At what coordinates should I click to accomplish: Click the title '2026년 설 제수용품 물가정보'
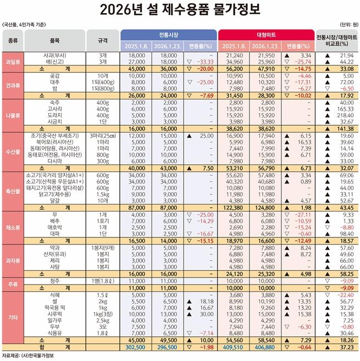pyautogui.click(x=180, y=9)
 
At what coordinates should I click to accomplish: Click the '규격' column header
pyautogui.click(x=102, y=40)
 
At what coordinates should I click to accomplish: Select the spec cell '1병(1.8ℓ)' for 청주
pyautogui.click(x=102, y=280)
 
